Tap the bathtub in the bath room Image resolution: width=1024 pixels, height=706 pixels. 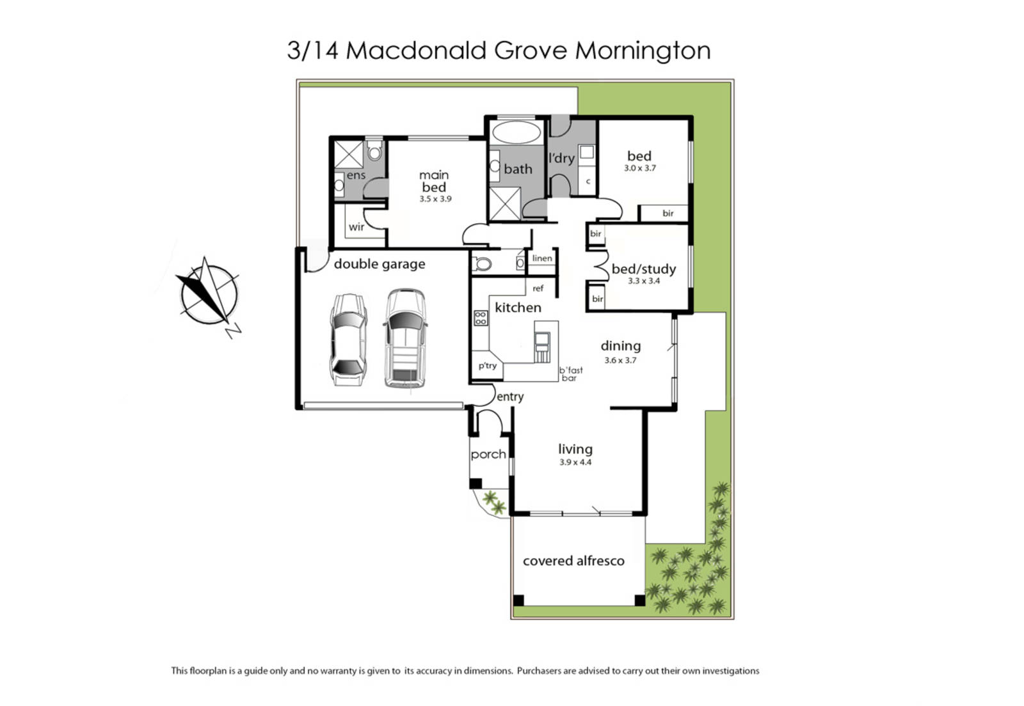(516, 132)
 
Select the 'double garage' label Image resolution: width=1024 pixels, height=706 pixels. (380, 264)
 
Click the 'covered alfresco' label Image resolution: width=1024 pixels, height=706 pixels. (573, 561)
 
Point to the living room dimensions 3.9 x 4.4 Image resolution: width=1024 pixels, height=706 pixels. (575, 462)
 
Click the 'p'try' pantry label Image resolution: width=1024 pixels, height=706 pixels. (487, 366)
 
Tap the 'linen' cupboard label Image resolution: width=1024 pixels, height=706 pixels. (542, 258)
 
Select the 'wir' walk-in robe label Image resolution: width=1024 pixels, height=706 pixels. (356, 226)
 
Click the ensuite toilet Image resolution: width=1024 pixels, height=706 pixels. (374, 150)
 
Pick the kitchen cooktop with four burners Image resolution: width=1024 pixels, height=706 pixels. (481, 318)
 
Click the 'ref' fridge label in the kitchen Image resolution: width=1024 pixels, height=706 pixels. (538, 288)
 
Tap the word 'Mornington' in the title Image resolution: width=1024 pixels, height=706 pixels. (643, 51)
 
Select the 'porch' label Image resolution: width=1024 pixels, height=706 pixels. (488, 455)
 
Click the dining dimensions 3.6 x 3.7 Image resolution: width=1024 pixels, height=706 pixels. (620, 360)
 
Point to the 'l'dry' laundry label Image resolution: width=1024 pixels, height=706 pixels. (561, 158)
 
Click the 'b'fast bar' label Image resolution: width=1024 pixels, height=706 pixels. (570, 374)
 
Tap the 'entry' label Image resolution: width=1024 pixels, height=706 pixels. (510, 397)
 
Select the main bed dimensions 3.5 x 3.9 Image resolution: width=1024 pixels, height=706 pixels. (435, 199)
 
